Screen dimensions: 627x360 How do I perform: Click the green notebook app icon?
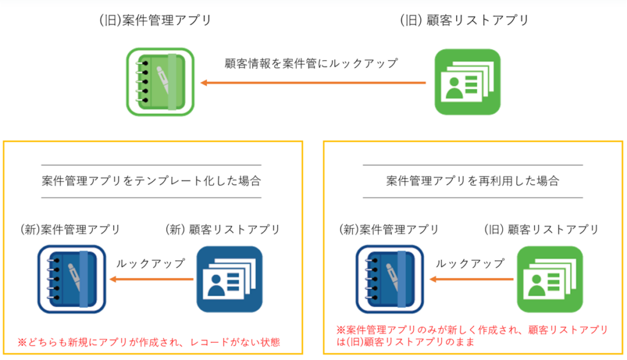tap(160, 82)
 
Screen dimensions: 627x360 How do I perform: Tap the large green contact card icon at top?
tap(467, 82)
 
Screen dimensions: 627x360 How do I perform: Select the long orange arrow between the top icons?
tap(313, 83)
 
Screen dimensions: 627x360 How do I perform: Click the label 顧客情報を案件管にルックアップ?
tap(311, 63)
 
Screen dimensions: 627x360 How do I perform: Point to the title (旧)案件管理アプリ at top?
tap(155, 20)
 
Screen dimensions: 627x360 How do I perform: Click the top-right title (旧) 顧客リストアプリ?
tap(465, 20)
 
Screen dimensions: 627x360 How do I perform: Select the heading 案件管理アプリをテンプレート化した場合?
tap(151, 181)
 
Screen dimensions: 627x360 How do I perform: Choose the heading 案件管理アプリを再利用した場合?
tap(473, 181)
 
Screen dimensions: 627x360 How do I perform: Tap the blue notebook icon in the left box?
tap(72, 279)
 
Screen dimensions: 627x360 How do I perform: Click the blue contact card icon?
tap(230, 279)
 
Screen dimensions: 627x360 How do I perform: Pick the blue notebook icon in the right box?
tap(390, 279)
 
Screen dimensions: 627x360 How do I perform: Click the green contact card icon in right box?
tap(550, 279)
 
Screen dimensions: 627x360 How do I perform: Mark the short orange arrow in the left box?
tap(152, 279)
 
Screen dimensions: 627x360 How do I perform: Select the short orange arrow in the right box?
tap(471, 279)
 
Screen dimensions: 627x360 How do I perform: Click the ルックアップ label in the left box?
tap(151, 263)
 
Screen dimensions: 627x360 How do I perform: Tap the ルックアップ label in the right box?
tap(470, 263)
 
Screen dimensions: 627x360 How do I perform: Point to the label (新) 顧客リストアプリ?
tap(223, 230)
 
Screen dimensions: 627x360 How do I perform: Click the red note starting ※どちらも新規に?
tap(149, 342)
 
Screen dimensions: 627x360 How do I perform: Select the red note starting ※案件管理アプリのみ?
tap(472, 336)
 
